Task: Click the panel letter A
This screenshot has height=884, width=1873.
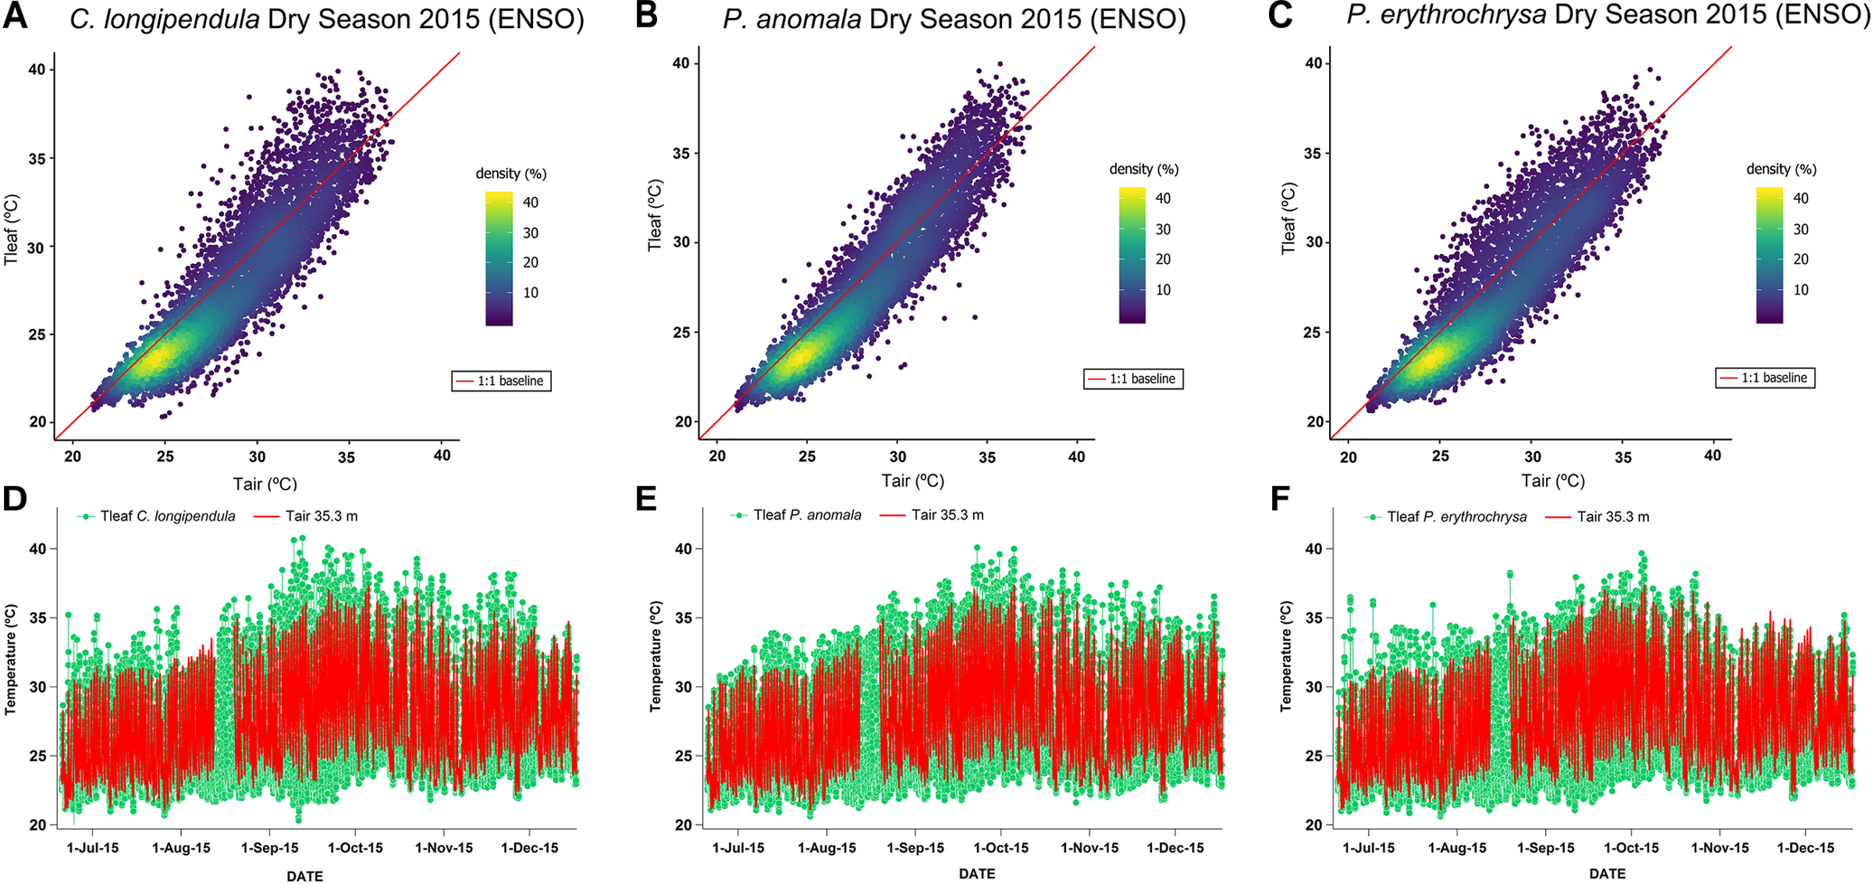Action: pos(16,17)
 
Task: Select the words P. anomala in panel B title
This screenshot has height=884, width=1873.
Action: pos(791,19)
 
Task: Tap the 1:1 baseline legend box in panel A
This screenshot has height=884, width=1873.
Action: pos(501,381)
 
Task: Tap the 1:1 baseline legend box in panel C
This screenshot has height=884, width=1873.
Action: pos(1765,378)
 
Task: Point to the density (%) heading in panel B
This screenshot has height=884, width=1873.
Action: pos(1143,169)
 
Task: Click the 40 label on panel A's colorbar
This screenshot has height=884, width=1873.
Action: pos(531,203)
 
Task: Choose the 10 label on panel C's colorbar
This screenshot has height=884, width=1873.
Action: pos(1800,291)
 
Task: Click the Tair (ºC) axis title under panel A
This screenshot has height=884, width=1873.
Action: pos(265,484)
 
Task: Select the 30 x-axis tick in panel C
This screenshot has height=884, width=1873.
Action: pos(1533,457)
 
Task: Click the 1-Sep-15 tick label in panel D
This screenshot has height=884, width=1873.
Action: pos(270,848)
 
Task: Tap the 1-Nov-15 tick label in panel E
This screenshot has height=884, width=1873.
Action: pos(1089,848)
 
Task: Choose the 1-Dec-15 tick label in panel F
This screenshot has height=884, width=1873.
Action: pos(1806,848)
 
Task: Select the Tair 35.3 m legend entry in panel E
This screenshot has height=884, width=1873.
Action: pos(933,515)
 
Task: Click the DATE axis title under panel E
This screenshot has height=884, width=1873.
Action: pos(976,874)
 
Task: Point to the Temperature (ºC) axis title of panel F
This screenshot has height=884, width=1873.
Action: pos(1286,656)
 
